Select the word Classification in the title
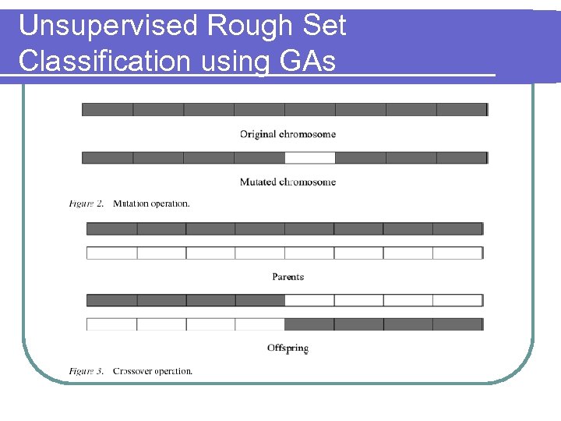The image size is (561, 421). [x=105, y=61]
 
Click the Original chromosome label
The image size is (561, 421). [x=288, y=134]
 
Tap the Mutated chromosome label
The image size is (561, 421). [x=288, y=182]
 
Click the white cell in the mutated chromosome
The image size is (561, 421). [x=309, y=157]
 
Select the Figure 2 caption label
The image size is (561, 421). [x=86, y=203]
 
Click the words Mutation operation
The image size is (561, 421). [x=151, y=203]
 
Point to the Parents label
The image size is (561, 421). [x=288, y=277]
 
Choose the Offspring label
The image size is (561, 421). [x=288, y=348]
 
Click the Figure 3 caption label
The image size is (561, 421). [x=86, y=371]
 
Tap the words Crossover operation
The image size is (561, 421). [x=153, y=371]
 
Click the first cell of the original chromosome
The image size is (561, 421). [x=108, y=110]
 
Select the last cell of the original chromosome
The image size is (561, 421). [x=461, y=110]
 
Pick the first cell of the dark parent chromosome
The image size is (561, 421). [x=111, y=228]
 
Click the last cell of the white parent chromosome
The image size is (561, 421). [x=457, y=253]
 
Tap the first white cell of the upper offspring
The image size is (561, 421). [x=309, y=300]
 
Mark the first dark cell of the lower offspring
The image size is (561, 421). [x=309, y=324]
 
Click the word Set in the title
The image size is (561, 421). [x=323, y=27]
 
